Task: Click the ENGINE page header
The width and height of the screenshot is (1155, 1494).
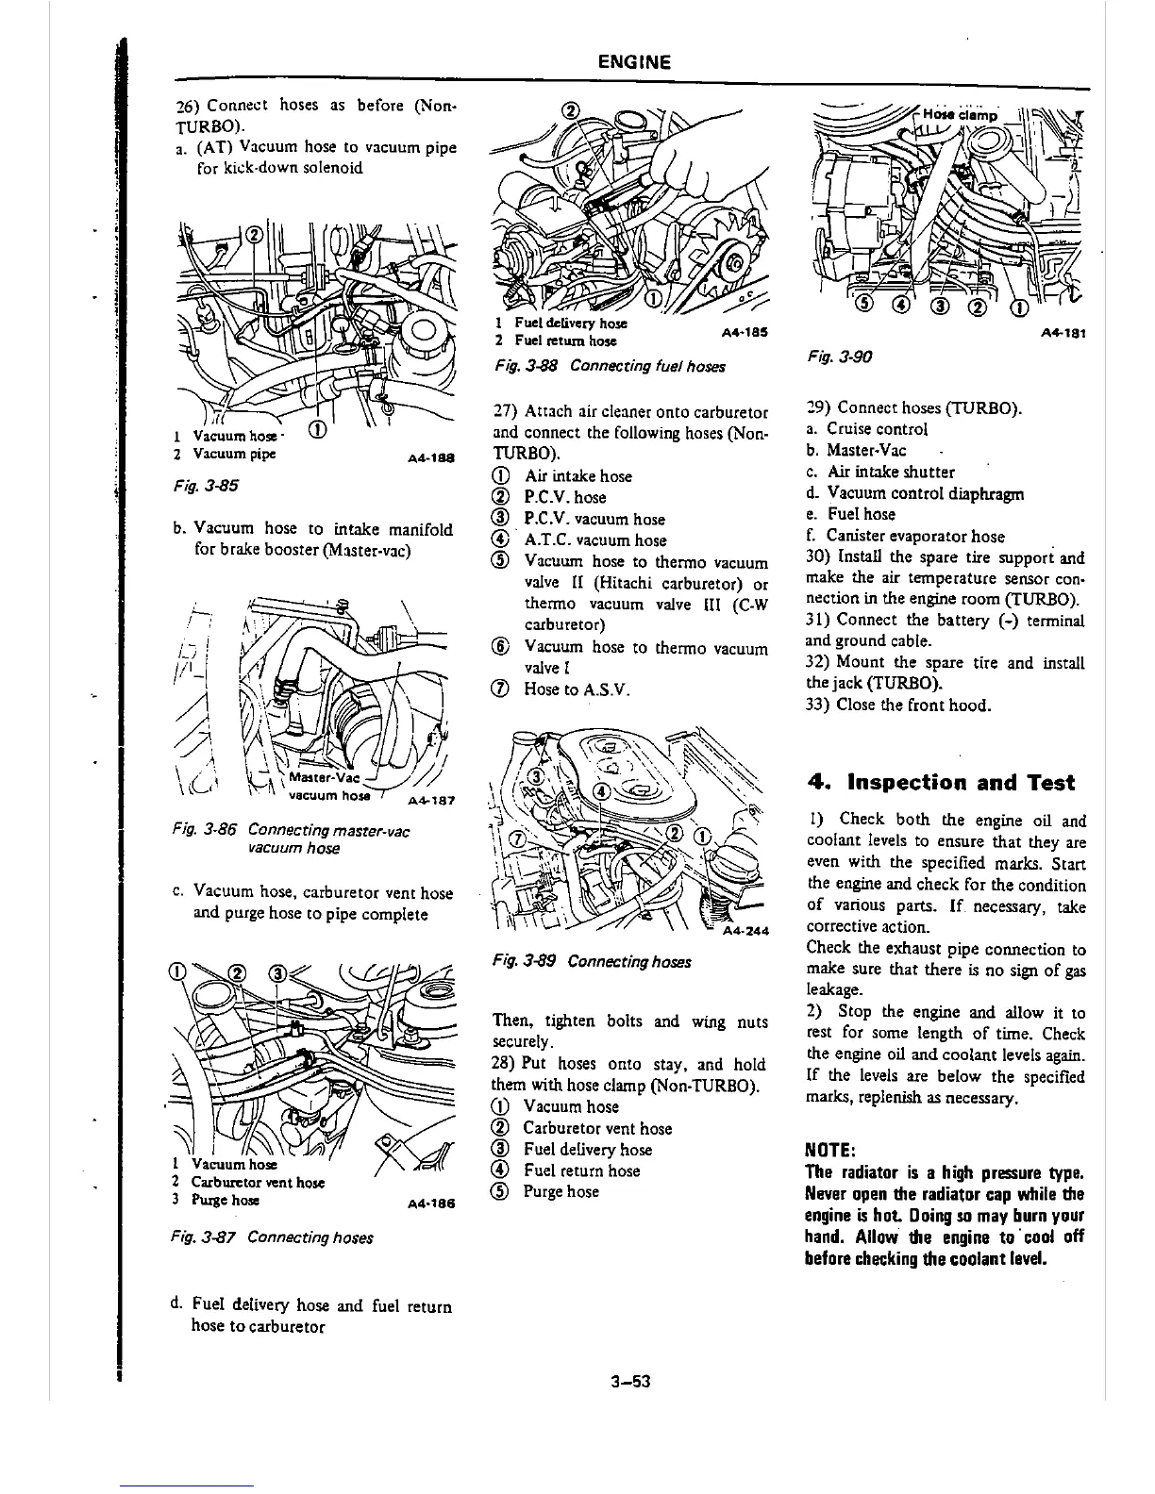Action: point(634,63)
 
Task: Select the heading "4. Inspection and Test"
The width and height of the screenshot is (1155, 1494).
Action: point(941,783)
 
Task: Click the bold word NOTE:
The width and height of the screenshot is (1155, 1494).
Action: point(829,1151)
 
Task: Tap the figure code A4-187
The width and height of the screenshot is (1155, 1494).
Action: point(431,802)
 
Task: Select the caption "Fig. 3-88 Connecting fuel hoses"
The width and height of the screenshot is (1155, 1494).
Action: point(609,365)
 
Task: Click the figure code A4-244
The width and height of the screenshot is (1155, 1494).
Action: point(745,932)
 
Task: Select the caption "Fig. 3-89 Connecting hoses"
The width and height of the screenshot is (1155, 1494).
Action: point(592,962)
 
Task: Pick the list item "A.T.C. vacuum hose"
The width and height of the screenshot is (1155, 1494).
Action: point(594,540)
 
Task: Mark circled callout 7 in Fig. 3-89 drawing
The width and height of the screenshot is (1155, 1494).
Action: point(517,838)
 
